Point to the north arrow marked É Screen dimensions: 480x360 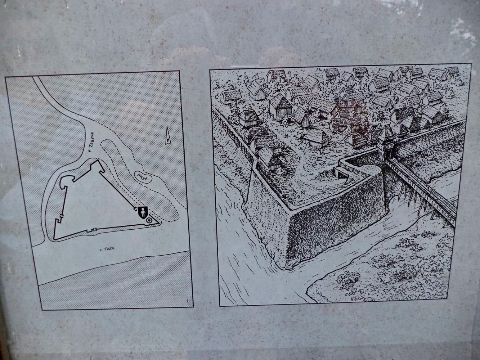[168, 135]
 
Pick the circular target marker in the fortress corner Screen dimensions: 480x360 [149, 221]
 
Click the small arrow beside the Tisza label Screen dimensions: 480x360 [101, 250]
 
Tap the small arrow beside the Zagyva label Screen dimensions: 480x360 [89, 150]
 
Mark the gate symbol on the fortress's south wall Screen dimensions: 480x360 [92, 230]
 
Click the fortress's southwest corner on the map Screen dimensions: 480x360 [54, 239]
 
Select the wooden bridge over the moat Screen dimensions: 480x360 [421, 188]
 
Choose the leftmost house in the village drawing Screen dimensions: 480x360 [232, 96]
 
